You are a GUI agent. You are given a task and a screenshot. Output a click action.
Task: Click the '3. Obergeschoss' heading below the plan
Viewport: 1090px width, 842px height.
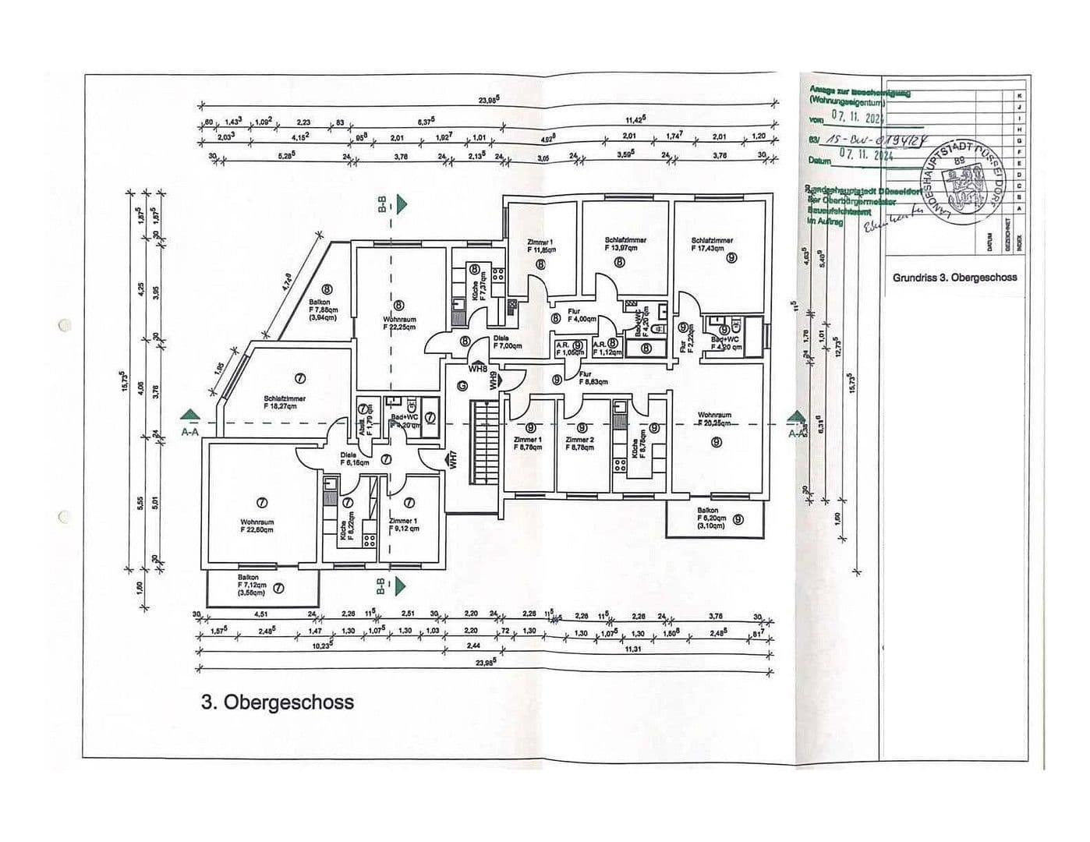click(277, 702)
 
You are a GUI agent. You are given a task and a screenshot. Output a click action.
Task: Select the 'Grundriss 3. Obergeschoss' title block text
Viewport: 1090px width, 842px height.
click(954, 277)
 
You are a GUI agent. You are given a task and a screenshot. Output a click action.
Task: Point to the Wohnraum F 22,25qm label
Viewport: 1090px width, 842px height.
click(399, 324)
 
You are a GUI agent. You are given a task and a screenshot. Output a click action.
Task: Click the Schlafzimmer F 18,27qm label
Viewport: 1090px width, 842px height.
click(285, 402)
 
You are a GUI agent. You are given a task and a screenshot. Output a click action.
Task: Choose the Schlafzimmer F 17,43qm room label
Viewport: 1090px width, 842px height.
click(712, 244)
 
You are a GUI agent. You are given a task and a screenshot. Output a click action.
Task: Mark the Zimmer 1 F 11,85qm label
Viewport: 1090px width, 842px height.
click(540, 246)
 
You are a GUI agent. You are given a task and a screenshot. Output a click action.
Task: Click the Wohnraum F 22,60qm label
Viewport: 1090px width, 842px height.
click(257, 525)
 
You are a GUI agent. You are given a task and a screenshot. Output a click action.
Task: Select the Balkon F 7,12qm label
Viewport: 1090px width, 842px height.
click(252, 584)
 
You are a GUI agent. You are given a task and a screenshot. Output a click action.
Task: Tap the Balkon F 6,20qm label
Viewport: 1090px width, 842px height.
click(711, 518)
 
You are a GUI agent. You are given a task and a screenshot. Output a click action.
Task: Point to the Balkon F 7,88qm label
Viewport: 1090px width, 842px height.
click(320, 310)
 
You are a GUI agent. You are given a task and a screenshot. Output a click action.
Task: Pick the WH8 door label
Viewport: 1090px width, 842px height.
click(477, 369)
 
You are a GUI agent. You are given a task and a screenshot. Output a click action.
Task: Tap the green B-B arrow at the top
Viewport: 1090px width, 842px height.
click(401, 204)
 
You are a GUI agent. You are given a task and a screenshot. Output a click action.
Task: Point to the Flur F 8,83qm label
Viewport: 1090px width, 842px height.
click(593, 378)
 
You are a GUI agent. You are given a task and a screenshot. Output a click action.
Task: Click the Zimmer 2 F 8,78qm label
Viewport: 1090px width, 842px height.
click(580, 444)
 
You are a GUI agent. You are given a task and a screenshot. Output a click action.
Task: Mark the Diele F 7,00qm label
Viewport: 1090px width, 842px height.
click(508, 342)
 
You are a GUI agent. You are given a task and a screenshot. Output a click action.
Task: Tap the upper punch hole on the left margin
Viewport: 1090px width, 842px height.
click(64, 324)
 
